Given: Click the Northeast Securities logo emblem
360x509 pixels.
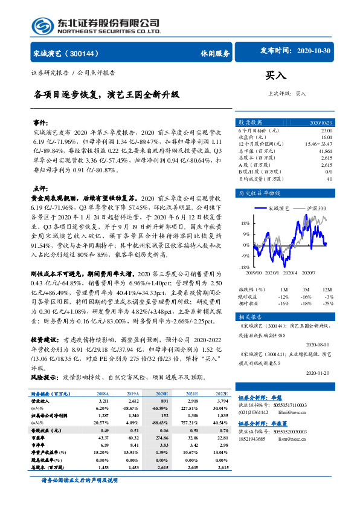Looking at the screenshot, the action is [42, 25].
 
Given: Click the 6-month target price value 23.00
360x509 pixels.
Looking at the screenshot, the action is [326, 131].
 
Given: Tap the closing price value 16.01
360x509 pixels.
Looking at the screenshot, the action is [326, 137].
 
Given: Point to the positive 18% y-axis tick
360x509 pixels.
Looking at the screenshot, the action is [245, 222].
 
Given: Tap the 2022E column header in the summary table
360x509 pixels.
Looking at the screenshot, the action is [222, 394].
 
